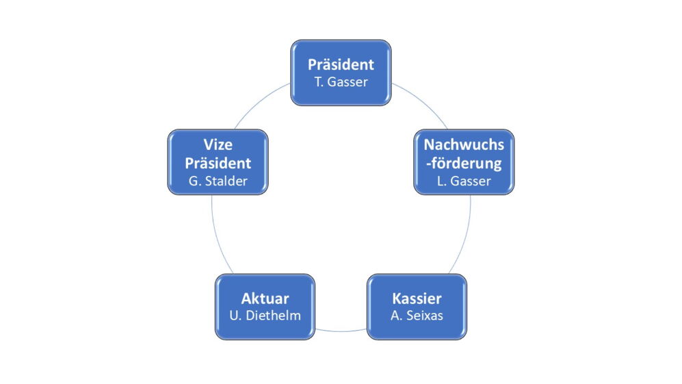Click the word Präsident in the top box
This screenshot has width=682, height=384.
[x=341, y=65]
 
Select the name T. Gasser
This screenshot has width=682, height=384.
[x=341, y=83]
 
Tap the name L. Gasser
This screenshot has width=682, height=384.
[x=464, y=181]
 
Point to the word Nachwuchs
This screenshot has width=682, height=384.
[x=464, y=144]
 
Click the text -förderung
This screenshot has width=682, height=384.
[x=464, y=164]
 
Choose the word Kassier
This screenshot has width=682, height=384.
[x=417, y=298]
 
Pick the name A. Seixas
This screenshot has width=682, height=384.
[x=417, y=316]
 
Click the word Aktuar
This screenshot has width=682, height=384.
[x=265, y=298]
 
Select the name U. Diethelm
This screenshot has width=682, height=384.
[x=265, y=316]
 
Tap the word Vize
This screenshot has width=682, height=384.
[x=218, y=144]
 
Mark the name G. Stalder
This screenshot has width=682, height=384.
[x=218, y=181]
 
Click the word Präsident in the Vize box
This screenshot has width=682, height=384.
[x=218, y=164]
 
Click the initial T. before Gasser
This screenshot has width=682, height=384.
[x=318, y=83]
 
